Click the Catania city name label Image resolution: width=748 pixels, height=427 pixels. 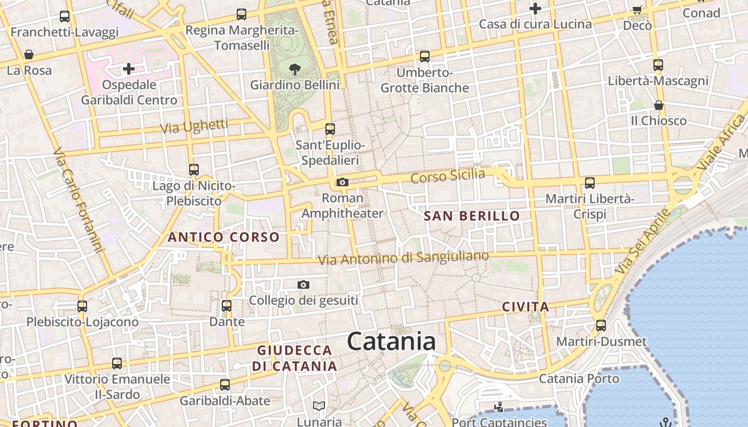tap(391, 341)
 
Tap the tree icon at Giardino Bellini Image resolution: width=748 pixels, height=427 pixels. tap(294, 69)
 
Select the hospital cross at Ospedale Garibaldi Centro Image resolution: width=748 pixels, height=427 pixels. tap(128, 69)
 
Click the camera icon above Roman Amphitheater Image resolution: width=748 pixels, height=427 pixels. tap(342, 183)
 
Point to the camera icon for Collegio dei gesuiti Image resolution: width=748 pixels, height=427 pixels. tap(303, 285)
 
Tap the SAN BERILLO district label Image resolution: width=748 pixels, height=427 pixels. tap(472, 216)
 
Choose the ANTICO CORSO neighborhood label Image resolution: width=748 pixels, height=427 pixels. tap(224, 237)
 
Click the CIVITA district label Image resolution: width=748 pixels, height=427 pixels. tap(526, 307)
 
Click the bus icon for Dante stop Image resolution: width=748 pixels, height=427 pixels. tap(227, 306)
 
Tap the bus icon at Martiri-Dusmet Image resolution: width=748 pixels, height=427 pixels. tap(601, 326)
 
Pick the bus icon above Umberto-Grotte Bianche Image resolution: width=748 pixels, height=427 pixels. tap(425, 56)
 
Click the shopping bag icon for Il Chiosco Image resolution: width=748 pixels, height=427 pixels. tap(659, 105)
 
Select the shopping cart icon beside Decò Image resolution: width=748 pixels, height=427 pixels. tap(637, 9)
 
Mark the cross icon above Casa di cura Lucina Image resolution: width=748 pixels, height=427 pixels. tap(535, 9)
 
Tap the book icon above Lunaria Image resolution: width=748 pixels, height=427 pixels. tap(319, 406)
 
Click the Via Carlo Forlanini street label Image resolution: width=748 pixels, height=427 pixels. tap(77, 200)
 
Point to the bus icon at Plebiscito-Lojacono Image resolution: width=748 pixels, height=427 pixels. tap(82, 306)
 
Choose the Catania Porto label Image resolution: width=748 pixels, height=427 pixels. tap(579, 379)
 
